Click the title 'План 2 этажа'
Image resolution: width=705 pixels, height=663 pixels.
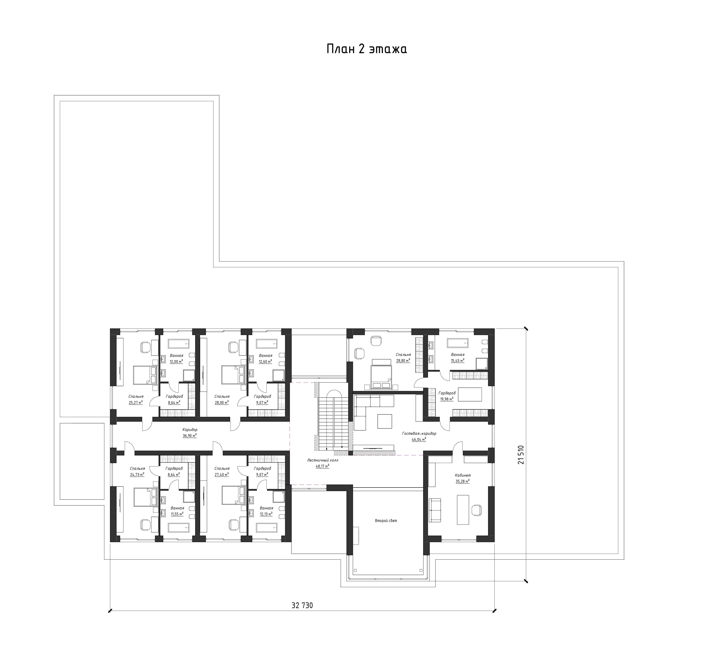(367, 49)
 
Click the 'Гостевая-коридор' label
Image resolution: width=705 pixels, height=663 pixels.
(419, 433)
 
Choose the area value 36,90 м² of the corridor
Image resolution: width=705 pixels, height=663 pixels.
(190, 435)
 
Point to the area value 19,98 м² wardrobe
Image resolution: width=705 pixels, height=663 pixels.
(446, 399)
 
